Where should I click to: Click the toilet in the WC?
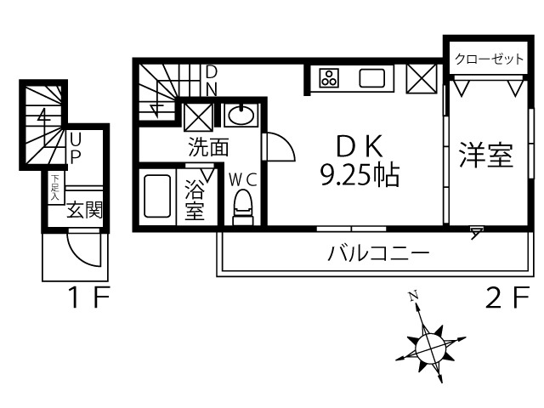point(243,207)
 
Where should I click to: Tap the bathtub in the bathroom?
point(157,196)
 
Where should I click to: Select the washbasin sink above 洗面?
point(241,115)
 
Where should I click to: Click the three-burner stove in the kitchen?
point(329,78)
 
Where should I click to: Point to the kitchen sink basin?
point(372,78)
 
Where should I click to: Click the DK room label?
point(360,146)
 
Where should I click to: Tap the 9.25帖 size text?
point(360,176)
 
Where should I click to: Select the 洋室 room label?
point(485,155)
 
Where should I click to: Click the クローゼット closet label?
point(489,59)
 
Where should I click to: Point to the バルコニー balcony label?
point(378,253)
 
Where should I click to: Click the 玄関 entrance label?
point(85,210)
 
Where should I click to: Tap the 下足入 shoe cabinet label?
point(55,188)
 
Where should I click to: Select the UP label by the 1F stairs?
point(76,148)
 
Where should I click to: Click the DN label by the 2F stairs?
point(212,82)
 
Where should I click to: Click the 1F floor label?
point(89,297)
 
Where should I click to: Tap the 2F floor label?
point(508,297)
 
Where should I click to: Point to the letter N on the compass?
point(413,296)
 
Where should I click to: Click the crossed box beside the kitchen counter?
point(422,79)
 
